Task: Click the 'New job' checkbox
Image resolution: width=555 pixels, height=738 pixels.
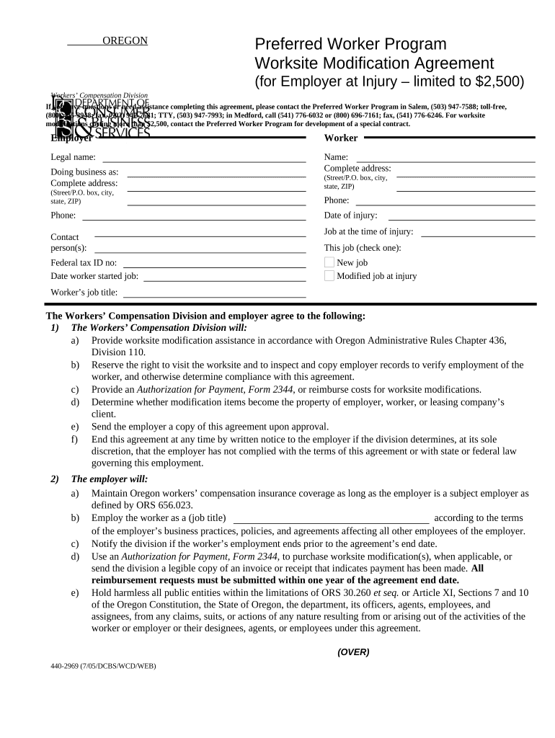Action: coord(329,262)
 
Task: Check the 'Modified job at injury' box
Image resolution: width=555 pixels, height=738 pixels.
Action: coord(329,276)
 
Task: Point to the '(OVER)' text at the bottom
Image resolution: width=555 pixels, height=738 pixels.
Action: coord(353,652)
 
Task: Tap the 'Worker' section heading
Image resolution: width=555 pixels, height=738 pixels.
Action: coord(341,138)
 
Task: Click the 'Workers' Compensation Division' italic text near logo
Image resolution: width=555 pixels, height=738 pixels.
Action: coord(99,95)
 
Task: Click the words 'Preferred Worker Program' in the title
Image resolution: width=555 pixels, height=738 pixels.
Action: coord(350,44)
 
